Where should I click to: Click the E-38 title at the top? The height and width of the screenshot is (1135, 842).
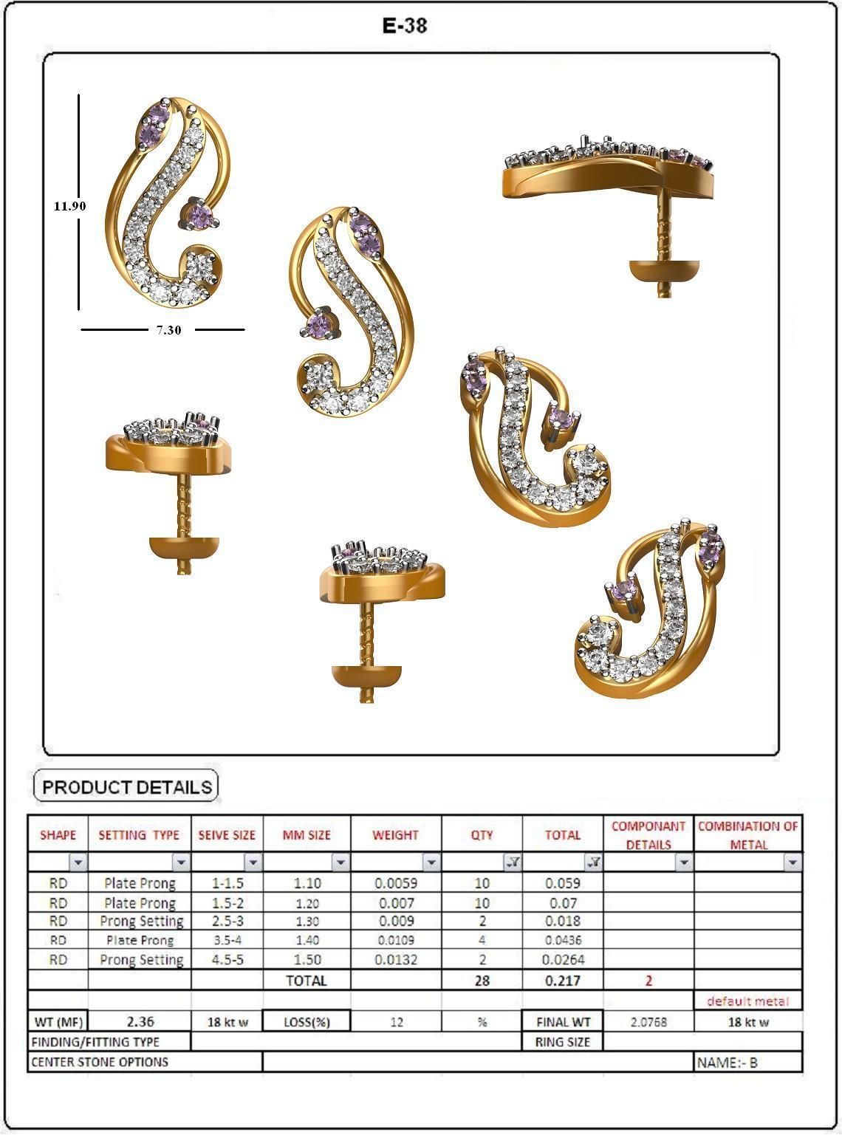(405, 26)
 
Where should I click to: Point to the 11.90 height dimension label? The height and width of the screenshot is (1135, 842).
(69, 206)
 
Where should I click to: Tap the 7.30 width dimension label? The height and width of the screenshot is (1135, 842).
(168, 330)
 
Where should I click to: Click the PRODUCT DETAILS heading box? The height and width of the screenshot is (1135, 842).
(127, 787)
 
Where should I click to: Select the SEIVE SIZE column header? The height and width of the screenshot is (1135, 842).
(227, 835)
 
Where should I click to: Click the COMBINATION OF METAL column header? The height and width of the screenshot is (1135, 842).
(748, 835)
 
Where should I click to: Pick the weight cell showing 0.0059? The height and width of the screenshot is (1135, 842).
(396, 883)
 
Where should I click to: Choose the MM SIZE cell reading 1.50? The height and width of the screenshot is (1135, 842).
(307, 960)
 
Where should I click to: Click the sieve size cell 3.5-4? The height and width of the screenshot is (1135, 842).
(227, 941)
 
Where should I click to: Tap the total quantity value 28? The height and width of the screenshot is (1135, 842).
(482, 981)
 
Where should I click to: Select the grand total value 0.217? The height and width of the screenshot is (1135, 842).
(563, 981)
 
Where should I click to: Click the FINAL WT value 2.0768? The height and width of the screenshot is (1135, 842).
(648, 1022)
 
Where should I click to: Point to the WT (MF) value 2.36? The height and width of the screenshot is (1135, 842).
(140, 1022)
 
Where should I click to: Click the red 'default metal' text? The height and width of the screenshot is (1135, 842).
(747, 1001)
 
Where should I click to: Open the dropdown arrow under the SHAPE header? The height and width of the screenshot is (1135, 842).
(78, 863)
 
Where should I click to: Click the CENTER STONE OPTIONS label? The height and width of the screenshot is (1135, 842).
(100, 1063)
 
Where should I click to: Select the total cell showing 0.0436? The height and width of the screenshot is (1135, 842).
(563, 941)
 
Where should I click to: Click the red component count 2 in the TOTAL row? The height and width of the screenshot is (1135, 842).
(648, 981)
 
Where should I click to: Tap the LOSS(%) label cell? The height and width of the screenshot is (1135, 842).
(307, 1022)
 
